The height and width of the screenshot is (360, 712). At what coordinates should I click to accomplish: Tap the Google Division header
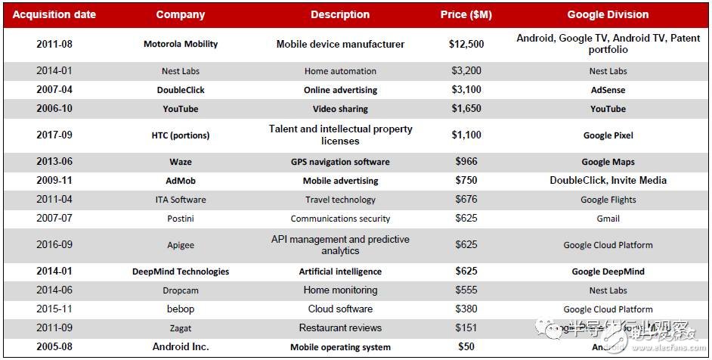(x=608, y=14)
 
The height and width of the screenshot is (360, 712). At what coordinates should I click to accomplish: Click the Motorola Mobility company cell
(x=181, y=44)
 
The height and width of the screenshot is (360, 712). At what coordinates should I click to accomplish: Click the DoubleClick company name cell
(x=181, y=90)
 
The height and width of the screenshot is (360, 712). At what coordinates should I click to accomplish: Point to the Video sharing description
(x=340, y=109)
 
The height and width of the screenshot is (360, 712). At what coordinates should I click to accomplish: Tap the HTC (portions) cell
(x=181, y=135)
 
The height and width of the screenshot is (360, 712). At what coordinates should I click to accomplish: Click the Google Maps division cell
(x=608, y=162)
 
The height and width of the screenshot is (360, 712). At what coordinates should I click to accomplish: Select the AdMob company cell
(x=181, y=181)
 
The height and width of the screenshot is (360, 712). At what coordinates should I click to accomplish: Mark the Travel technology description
(x=340, y=200)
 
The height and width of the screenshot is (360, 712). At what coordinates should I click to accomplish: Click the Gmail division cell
(x=608, y=219)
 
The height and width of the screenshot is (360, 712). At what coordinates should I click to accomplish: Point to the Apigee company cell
(x=181, y=245)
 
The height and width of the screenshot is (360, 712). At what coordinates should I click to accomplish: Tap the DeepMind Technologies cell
(x=181, y=272)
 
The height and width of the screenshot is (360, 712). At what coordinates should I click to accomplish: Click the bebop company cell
(x=181, y=309)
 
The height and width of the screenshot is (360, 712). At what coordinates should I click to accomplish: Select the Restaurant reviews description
(x=340, y=328)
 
